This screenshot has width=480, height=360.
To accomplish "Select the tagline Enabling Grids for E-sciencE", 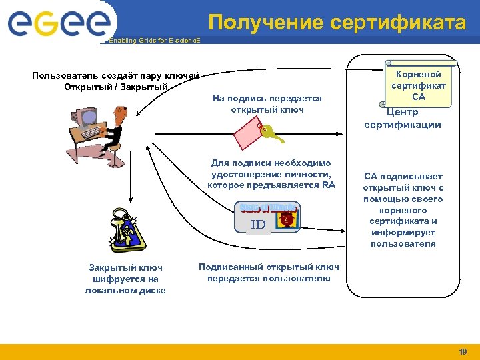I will [149, 41].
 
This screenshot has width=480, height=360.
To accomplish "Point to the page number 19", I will [463, 351].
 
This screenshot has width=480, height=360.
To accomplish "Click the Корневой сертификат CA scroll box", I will [418, 85].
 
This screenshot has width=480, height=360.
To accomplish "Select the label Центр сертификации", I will [403, 119].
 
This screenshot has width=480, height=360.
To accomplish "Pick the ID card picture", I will [267, 217].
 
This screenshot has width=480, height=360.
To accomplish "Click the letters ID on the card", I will [258, 225].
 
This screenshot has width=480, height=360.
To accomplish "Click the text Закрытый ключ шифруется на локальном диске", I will [125, 279].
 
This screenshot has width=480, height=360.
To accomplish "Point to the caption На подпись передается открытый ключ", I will [267, 103].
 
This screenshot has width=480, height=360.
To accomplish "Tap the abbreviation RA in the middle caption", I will [328, 185].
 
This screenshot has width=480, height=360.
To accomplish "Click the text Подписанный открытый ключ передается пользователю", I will [269, 273].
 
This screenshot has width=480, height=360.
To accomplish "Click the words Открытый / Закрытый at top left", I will [115, 87].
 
